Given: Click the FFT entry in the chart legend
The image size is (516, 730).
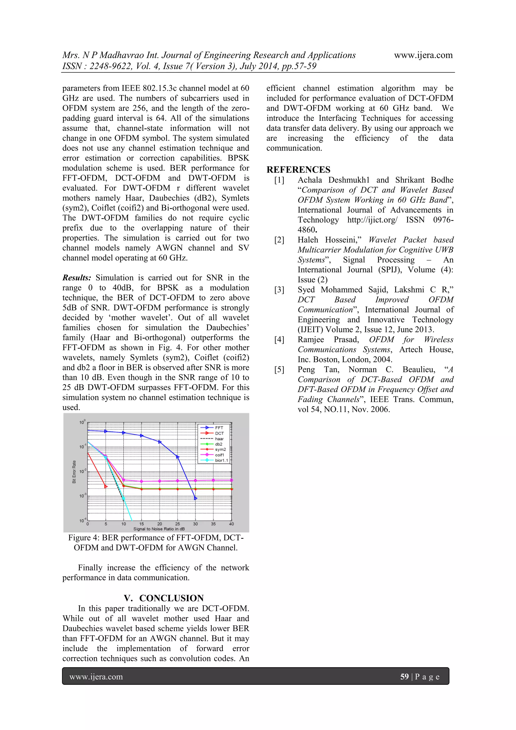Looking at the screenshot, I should tap(219, 428).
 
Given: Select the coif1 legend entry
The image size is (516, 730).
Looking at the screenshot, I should tap(219, 455).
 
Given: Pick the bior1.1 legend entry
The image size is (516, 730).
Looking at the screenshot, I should tap(221, 460).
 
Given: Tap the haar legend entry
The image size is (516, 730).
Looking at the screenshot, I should tap(219, 439).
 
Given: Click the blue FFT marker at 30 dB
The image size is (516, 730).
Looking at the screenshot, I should tap(196, 498).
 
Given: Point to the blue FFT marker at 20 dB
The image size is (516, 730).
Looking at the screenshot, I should tap(159, 442).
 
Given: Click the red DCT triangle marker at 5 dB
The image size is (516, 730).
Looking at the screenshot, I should tap(106, 486).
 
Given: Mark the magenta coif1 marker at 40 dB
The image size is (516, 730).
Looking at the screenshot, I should tap(231, 480).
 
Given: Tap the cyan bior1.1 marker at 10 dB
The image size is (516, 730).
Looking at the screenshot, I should tap(124, 499).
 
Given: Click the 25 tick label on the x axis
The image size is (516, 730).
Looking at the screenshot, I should tap(177, 524).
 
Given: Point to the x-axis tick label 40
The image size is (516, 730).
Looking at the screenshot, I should tap(231, 524).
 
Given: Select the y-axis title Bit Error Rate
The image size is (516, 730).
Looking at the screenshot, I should tap(74, 472).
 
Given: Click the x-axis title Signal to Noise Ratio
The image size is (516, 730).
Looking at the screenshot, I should tap(159, 529).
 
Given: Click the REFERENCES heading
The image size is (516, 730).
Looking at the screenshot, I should tap(298, 169).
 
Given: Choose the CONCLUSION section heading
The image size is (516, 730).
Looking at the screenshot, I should tap(171, 598).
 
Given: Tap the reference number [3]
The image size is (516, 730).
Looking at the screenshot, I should tap(279, 290).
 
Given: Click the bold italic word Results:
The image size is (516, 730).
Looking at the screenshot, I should tap(77, 278).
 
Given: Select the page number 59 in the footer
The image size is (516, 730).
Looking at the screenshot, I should tap(404, 677).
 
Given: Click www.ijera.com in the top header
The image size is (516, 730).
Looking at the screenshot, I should tap(423, 55).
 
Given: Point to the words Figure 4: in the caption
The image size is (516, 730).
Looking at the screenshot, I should tap(84, 538).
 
